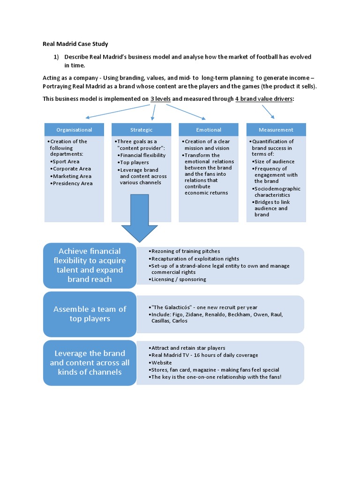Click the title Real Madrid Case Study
point(75,44)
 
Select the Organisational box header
point(74,130)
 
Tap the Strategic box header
point(141,130)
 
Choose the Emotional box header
point(209,130)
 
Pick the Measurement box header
point(276,130)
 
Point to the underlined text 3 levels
point(160,99)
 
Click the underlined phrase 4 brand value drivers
point(264,99)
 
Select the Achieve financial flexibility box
point(90,265)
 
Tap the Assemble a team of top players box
point(90,314)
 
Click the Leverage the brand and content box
point(90,363)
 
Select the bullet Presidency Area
point(73,184)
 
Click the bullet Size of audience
point(274,162)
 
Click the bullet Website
point(161,363)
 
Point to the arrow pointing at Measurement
point(269,112)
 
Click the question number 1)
point(56,57)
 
